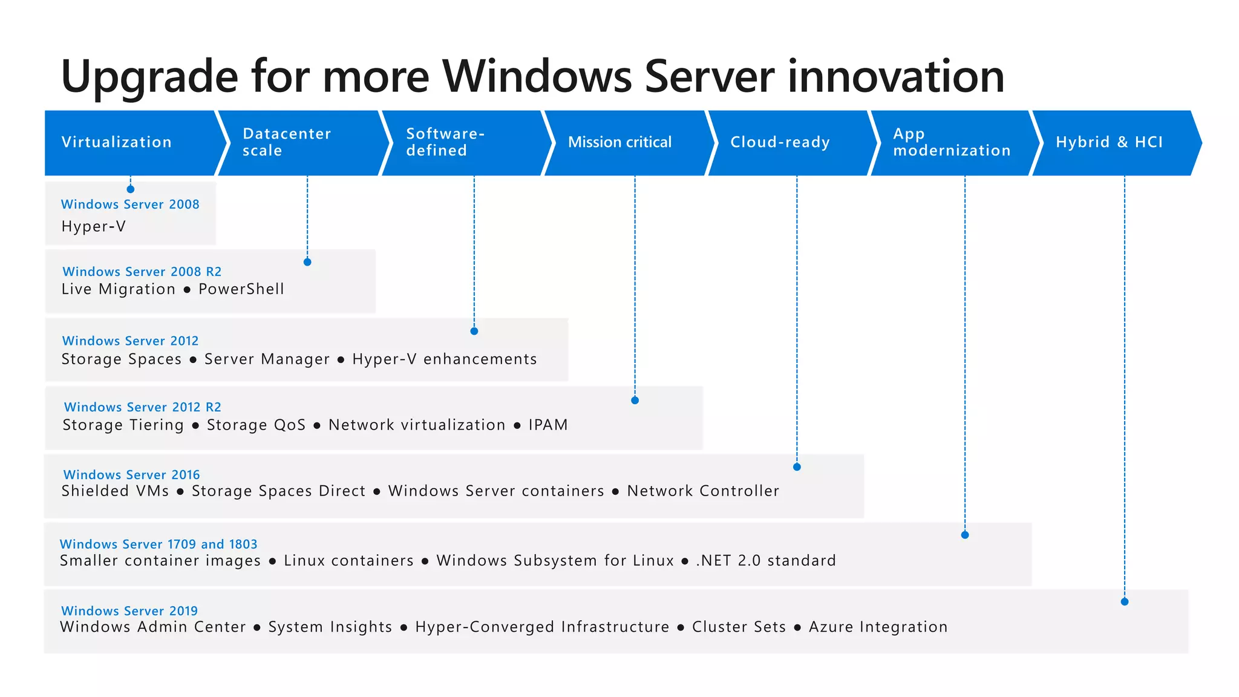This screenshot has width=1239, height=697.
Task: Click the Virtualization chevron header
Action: pos(130,143)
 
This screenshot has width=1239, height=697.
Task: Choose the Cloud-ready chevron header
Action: pos(786,143)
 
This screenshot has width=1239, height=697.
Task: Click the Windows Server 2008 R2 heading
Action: pos(142,272)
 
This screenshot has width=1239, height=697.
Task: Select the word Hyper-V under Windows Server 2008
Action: pos(94,227)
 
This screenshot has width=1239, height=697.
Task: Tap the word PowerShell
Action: pos(241,289)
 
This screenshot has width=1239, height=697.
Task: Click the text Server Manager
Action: pos(267,359)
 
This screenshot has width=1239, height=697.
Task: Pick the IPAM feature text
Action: pos(548,425)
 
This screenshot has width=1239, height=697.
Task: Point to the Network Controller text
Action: pos(703,491)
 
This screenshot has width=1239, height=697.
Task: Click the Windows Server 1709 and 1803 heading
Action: pos(159,545)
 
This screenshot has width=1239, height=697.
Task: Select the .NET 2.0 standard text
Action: pos(766,561)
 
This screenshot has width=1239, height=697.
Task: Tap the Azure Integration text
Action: pos(878,627)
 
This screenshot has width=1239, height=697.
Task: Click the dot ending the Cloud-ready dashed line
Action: pos(797,467)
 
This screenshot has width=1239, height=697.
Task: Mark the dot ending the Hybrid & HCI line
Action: pos(1125,602)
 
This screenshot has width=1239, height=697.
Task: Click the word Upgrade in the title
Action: pos(149,77)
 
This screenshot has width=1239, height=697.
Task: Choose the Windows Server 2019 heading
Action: pos(129,611)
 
